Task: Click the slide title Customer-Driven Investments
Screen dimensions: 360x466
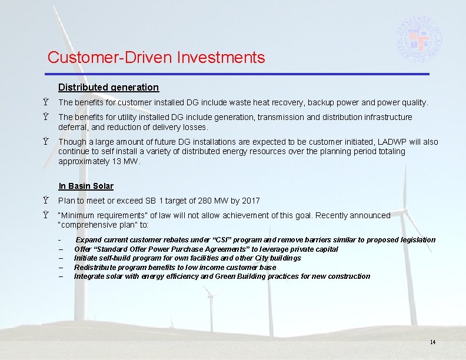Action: (156, 58)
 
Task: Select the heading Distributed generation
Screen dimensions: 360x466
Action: (108, 88)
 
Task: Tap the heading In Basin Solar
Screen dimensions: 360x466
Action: (86, 186)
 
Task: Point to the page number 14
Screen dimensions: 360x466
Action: (432, 342)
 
